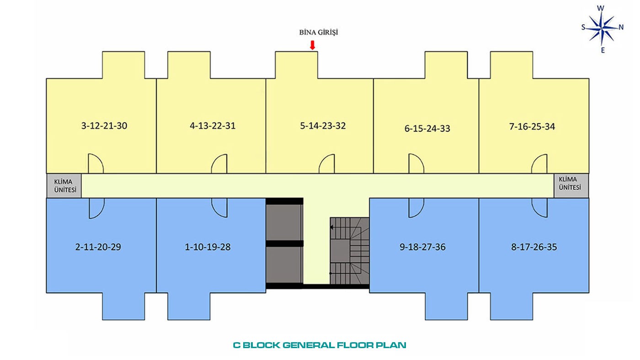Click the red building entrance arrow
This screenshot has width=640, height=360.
[x=313, y=45]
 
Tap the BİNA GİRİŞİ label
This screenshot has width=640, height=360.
[x=319, y=32]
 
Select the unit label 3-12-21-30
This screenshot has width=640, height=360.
[x=104, y=126]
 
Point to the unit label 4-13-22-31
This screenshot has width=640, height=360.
[x=213, y=126]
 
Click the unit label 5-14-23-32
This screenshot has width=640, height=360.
[x=323, y=126]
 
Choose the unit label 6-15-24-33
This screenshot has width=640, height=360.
[x=427, y=128]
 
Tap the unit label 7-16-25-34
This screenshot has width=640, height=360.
[x=532, y=127]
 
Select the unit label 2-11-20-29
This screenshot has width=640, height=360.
[x=98, y=247]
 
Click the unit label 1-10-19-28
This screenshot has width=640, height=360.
[x=208, y=247]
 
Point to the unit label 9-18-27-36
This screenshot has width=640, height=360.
[x=422, y=247]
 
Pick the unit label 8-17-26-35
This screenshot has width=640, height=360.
[x=534, y=247]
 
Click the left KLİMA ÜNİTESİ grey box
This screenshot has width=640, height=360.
[x=64, y=186]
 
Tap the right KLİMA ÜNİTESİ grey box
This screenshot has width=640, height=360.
[x=571, y=185]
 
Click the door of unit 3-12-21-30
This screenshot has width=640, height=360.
[x=96, y=163]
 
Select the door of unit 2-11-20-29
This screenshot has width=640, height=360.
[x=97, y=208]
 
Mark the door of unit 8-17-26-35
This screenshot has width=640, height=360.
[x=539, y=207]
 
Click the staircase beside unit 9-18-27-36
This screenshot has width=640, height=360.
[x=350, y=251]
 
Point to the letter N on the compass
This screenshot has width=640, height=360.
[x=621, y=27]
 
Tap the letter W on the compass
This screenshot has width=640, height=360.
[x=601, y=8]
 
